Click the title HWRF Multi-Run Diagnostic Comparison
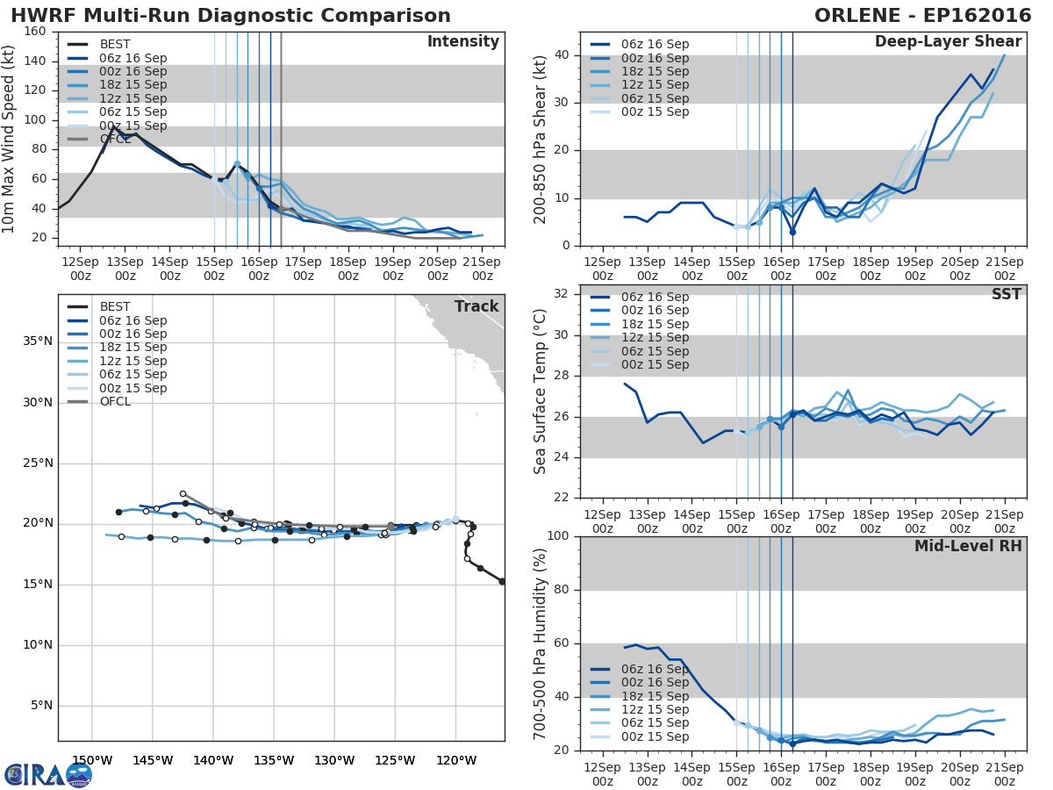point(231,16)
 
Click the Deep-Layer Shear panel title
point(948,42)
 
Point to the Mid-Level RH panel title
point(967,546)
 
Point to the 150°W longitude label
point(92,760)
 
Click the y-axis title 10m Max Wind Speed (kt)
point(10,140)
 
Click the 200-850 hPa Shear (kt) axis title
point(541,140)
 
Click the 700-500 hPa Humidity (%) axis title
point(541,643)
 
